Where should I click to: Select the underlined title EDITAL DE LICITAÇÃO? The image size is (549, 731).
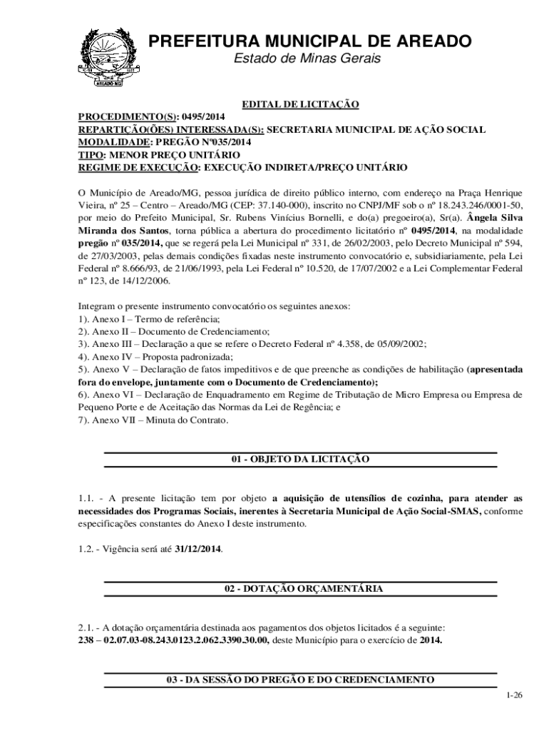(x=299, y=105)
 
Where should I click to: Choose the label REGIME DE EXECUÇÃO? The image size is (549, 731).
(x=137, y=168)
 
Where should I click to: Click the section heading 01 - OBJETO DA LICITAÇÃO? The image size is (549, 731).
(x=299, y=459)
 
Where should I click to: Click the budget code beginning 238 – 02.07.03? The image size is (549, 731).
(x=173, y=640)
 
